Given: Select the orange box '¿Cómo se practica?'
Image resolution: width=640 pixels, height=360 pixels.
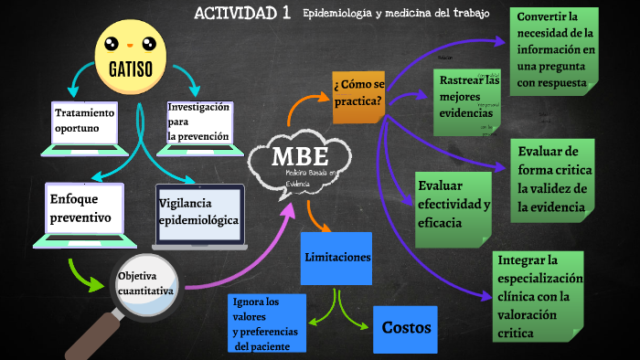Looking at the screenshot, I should [358, 95].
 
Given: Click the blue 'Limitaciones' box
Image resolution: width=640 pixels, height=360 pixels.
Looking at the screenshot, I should [337, 257].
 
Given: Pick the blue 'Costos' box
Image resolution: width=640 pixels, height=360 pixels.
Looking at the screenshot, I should [406, 328].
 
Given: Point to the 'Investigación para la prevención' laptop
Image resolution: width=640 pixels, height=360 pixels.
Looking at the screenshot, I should [197, 122].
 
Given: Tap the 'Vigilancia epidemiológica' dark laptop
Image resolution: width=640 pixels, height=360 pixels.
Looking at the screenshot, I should [199, 214].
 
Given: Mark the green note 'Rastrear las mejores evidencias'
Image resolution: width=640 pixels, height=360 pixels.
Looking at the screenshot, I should [468, 98].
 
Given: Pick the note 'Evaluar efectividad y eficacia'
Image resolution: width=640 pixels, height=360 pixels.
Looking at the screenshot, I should [454, 205].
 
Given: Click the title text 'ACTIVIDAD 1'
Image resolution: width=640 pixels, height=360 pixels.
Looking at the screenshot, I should [242, 13].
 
